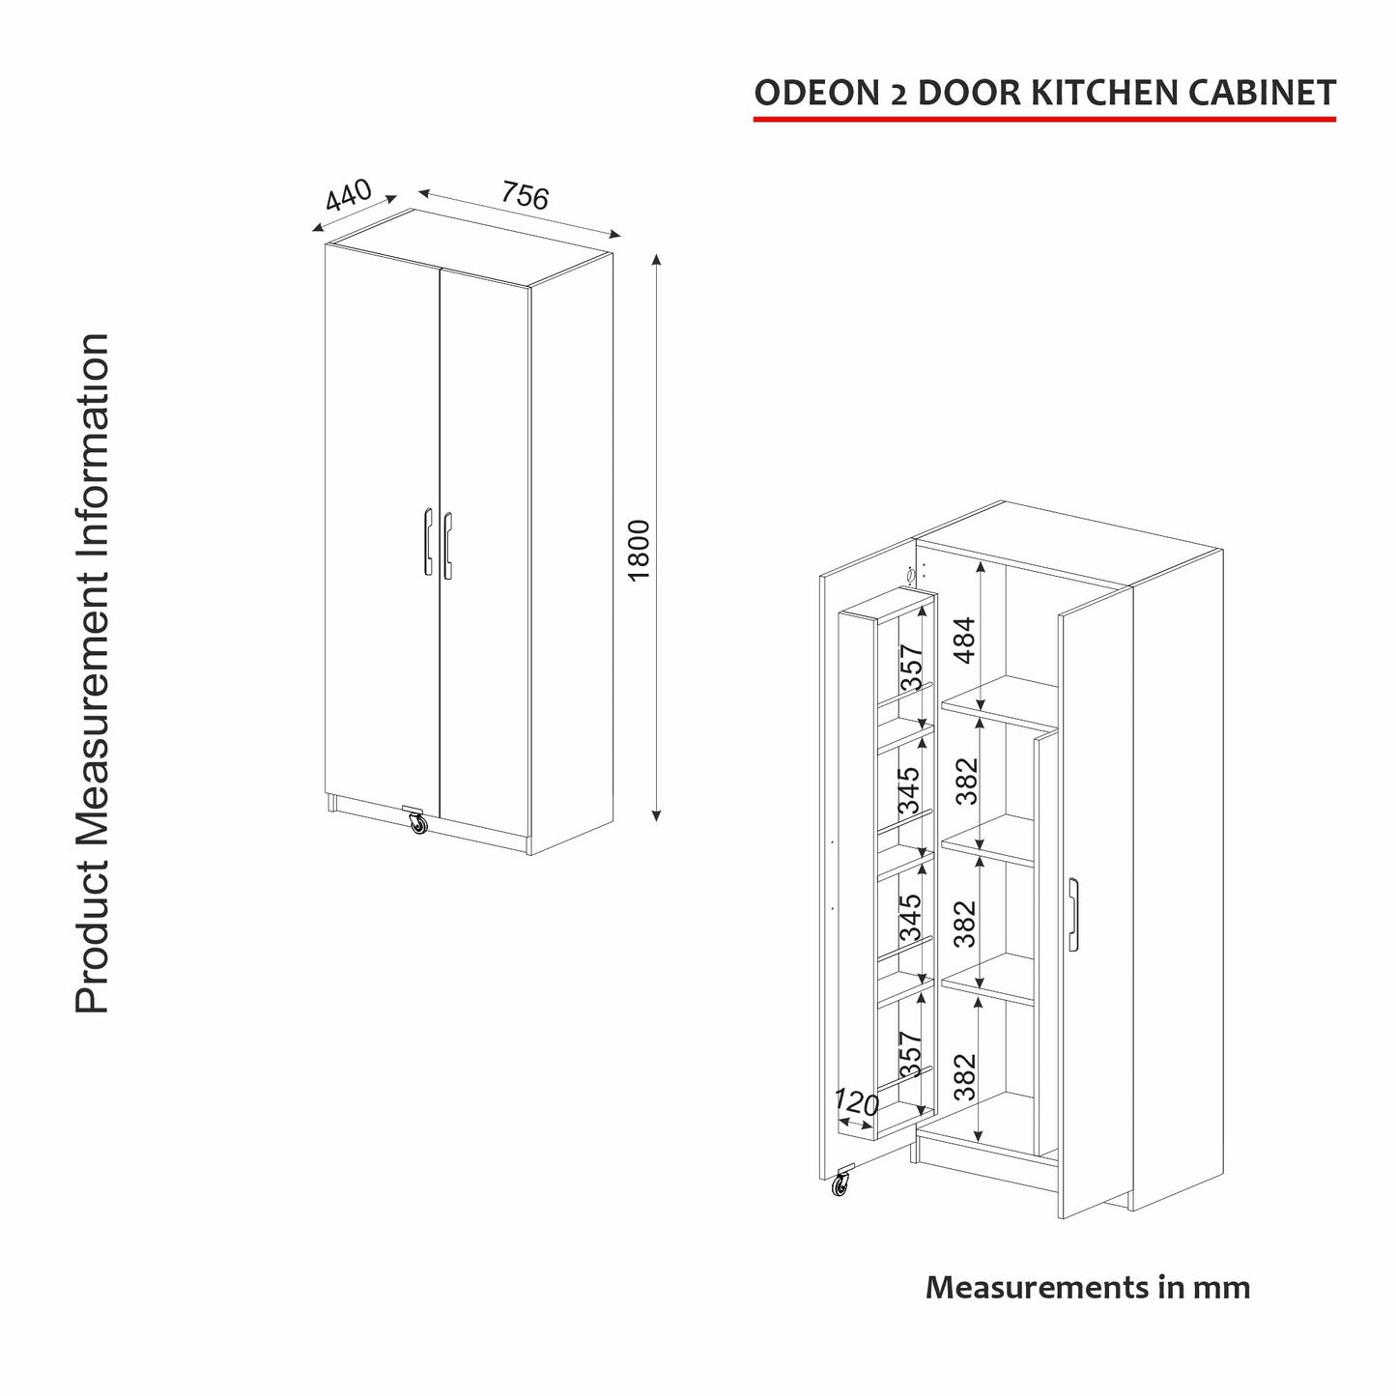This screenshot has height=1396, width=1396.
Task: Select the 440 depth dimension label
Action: pos(349,194)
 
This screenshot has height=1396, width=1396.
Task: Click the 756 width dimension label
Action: pos(526,195)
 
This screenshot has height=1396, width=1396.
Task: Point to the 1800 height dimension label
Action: pos(639,551)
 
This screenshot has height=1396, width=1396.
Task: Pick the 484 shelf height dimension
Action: pos(965,640)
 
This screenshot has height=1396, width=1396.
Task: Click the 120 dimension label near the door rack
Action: pos(856,1102)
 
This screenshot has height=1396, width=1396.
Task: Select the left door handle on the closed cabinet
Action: pos(427,542)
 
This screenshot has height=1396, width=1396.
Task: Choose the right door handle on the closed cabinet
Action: pos(447,546)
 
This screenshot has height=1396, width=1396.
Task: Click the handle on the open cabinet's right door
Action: pos(1073,914)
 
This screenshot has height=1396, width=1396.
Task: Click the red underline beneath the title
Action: pos(1044,119)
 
